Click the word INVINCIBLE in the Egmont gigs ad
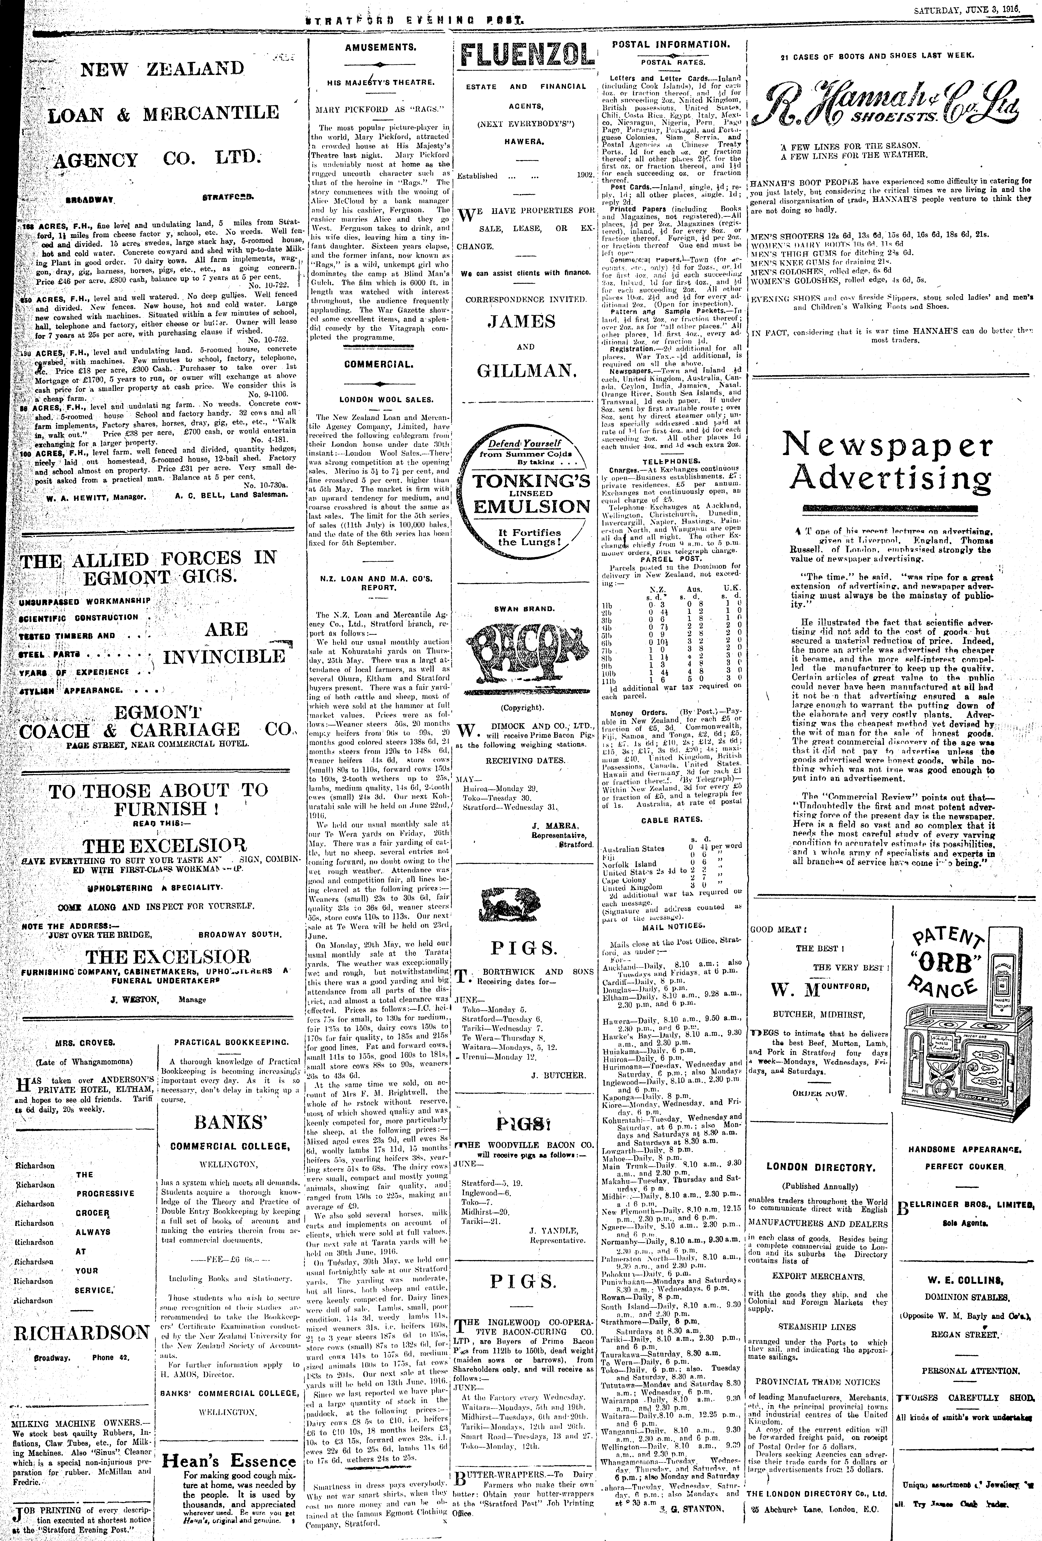pyautogui.click(x=224, y=656)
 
